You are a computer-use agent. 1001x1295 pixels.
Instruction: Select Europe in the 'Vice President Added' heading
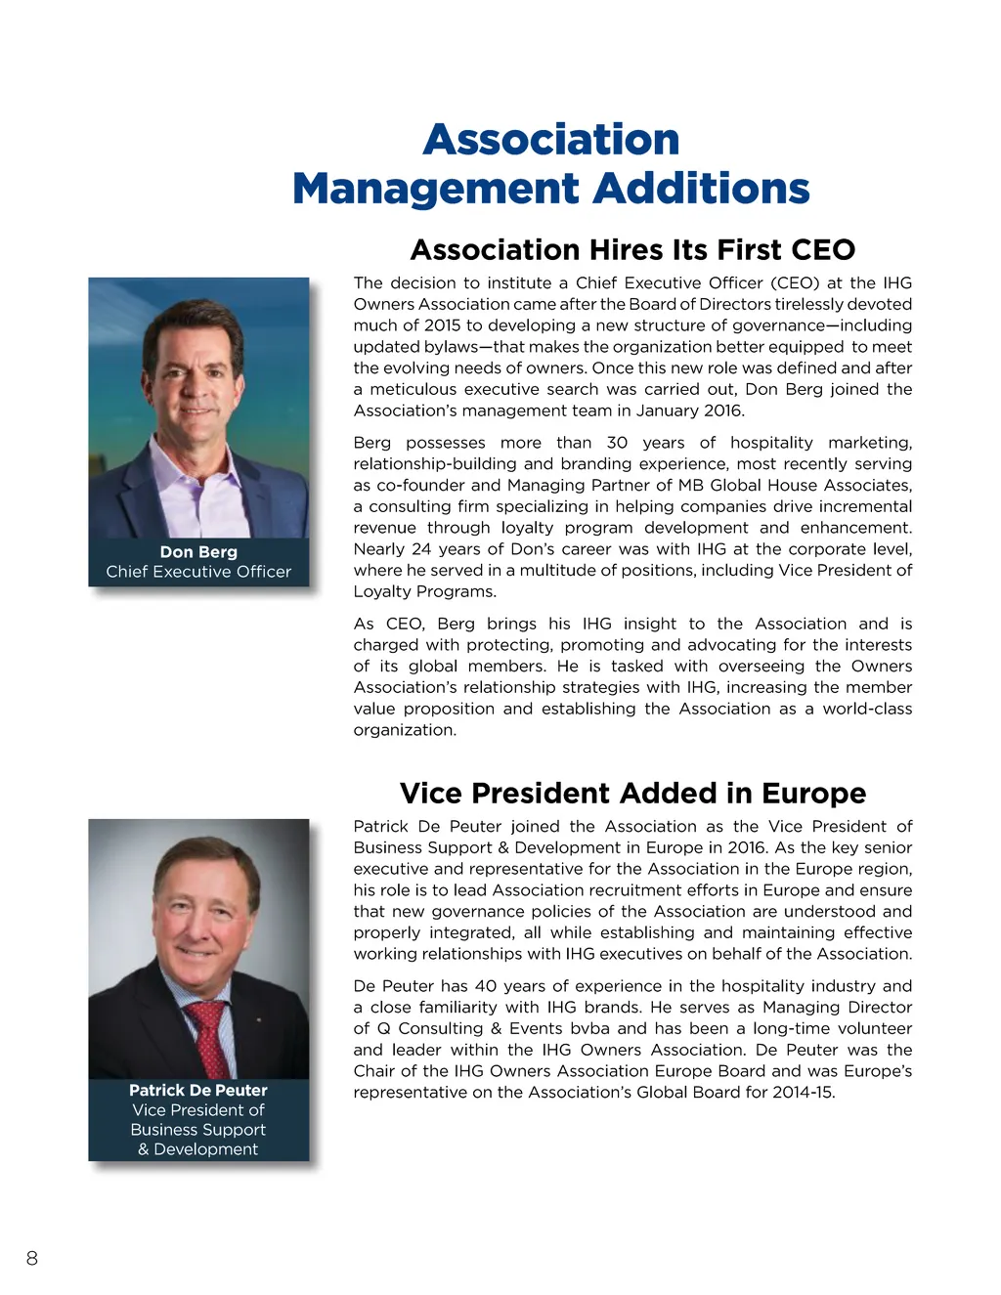[813, 793]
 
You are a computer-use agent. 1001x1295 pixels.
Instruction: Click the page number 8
[32, 1258]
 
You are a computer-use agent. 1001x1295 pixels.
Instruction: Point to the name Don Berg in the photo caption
[198, 552]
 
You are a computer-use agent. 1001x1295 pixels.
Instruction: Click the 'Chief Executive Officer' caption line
[198, 572]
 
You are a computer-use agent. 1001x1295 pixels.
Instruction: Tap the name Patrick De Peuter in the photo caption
[198, 1090]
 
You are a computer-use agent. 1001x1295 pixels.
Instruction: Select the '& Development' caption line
[198, 1149]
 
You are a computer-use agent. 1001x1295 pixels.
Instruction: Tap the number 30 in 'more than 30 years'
[617, 443]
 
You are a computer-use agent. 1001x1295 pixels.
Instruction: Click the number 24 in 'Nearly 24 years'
[421, 549]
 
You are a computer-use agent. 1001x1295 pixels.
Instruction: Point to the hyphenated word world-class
[867, 709]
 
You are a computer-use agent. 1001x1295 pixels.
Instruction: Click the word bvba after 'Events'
[589, 1028]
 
